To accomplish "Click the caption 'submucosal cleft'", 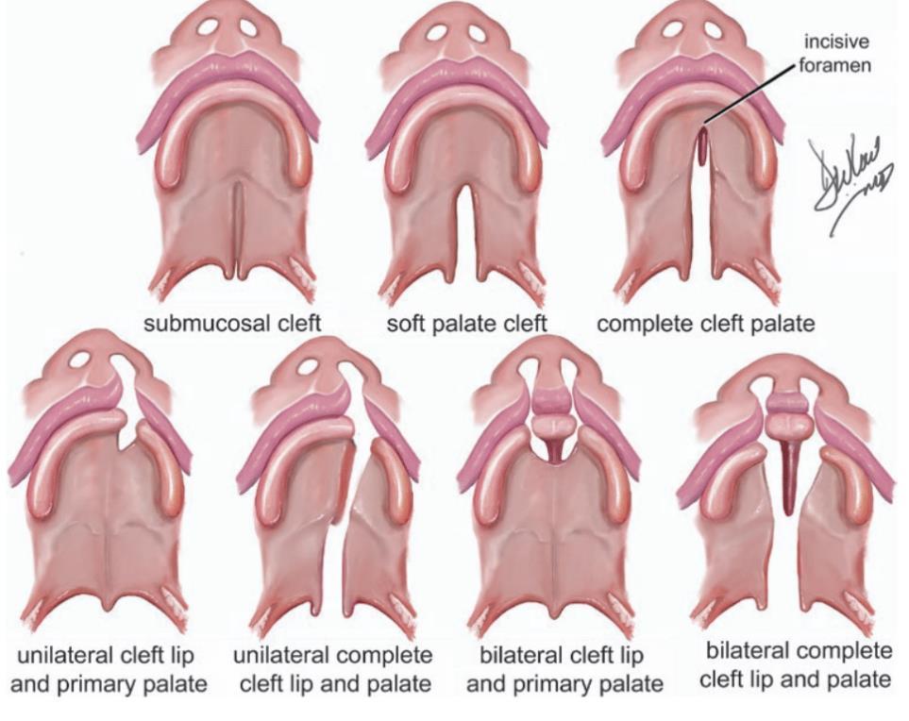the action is click(x=232, y=324).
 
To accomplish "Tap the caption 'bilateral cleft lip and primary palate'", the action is click(x=564, y=668).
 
